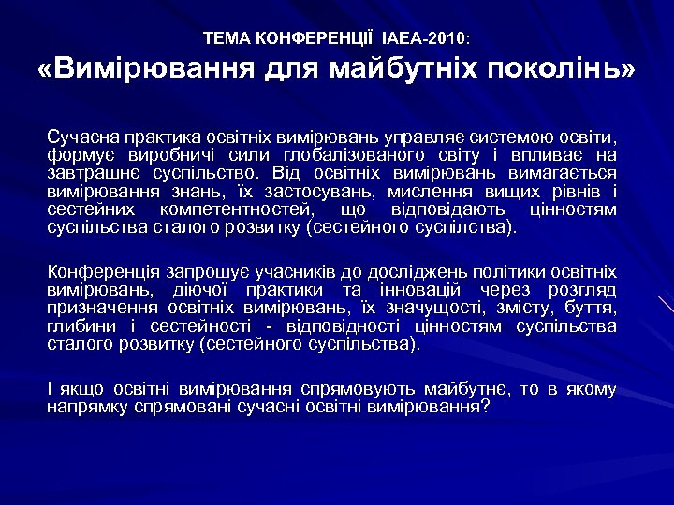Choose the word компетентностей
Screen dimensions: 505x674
(x=237, y=209)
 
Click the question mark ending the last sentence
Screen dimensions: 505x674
(x=485, y=407)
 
